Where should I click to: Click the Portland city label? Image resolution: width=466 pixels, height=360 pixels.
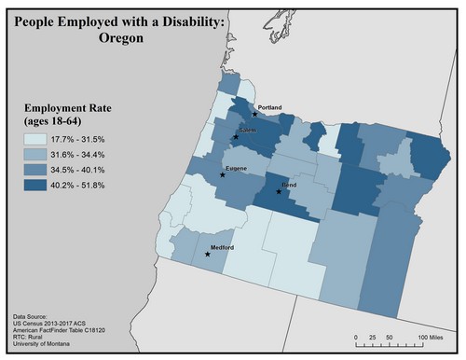coord(269,108)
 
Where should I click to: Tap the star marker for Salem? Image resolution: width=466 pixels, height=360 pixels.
coord(236,137)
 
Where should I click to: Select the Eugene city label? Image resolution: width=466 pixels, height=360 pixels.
coord(236,168)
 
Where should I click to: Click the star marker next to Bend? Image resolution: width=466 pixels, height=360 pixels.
coord(279,192)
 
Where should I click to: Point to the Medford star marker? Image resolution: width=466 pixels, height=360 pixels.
coord(207,254)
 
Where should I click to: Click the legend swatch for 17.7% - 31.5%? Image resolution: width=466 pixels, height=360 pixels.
coord(37,139)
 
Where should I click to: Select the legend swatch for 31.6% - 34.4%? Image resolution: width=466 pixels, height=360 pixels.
coord(37,155)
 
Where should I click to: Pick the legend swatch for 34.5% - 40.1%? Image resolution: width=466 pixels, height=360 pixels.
coord(37,171)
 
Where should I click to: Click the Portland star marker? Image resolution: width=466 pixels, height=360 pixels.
coord(254,114)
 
